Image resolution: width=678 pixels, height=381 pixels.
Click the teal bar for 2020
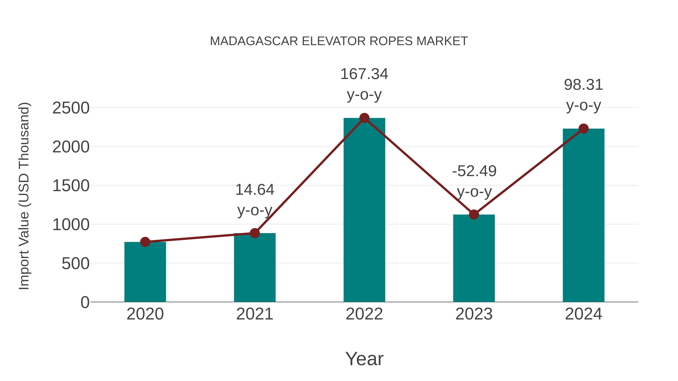145,272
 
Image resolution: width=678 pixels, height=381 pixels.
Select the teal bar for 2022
364,210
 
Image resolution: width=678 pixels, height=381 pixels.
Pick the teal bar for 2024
583,216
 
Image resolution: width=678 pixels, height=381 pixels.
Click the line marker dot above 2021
254,233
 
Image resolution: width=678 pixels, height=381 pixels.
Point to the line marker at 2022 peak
364,118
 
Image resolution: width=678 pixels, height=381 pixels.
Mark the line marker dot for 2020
145,242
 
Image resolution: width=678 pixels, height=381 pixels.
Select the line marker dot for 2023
474,214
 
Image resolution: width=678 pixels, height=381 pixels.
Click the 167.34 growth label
364,74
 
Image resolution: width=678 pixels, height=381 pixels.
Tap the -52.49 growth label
474,171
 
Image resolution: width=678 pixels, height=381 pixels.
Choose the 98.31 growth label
583,85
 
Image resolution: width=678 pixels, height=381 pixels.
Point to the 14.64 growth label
254,190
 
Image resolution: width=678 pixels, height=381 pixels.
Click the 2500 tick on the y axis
71,108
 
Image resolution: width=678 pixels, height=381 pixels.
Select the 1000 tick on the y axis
71,225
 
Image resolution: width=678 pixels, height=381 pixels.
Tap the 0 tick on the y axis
85,302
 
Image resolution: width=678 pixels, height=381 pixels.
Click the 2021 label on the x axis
254,314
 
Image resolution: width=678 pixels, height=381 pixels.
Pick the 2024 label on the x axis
583,314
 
